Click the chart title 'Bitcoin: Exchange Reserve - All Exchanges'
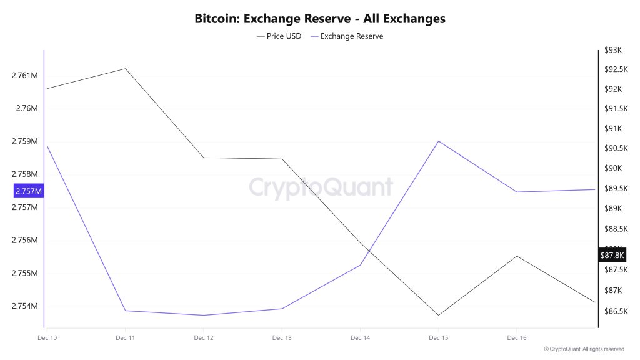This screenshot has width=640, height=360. (320, 19)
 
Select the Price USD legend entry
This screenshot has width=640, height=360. (279, 36)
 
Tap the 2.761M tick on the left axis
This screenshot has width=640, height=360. (25, 76)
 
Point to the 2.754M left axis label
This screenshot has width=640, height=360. (25, 306)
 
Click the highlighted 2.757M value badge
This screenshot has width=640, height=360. (29, 191)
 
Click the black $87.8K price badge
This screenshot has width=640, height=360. (612, 255)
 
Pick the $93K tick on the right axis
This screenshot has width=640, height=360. (614, 50)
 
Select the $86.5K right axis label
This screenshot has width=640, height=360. (615, 311)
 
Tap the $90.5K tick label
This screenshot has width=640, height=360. (615, 148)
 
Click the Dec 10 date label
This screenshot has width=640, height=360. (47, 338)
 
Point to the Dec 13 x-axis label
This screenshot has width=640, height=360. (282, 338)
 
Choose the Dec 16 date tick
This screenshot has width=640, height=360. (516, 338)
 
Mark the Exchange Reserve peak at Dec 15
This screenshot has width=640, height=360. (439, 141)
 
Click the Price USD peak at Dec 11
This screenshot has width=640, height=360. (126, 69)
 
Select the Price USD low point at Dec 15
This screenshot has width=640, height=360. (438, 315)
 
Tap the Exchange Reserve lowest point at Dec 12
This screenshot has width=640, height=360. (204, 315)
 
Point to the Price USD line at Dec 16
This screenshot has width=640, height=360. (516, 256)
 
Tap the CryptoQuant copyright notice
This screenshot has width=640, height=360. (584, 349)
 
